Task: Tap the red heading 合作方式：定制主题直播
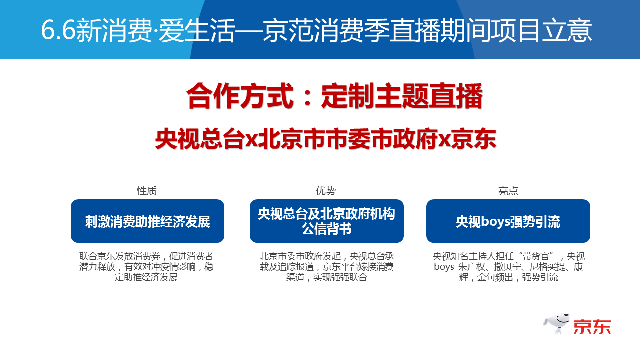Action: pyautogui.click(x=334, y=96)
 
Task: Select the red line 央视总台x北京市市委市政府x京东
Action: pyautogui.click(x=325, y=139)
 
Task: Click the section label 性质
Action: pyautogui.click(x=147, y=191)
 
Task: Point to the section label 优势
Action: pyautogui.click(x=326, y=191)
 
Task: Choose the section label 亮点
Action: pyautogui.click(x=508, y=191)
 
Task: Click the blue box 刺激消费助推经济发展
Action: pyautogui.click(x=147, y=221)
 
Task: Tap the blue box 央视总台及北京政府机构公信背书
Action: pyautogui.click(x=327, y=221)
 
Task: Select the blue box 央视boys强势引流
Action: pyautogui.click(x=508, y=221)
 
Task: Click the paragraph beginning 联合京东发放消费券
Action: pyautogui.click(x=146, y=267)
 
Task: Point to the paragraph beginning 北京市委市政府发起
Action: pyautogui.click(x=327, y=267)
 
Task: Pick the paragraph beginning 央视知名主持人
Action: pyautogui.click(x=508, y=267)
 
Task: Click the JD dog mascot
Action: pyautogui.click(x=556, y=324)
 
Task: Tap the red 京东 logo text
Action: pyautogui.click(x=592, y=327)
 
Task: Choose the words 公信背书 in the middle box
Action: pyautogui.click(x=327, y=229)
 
